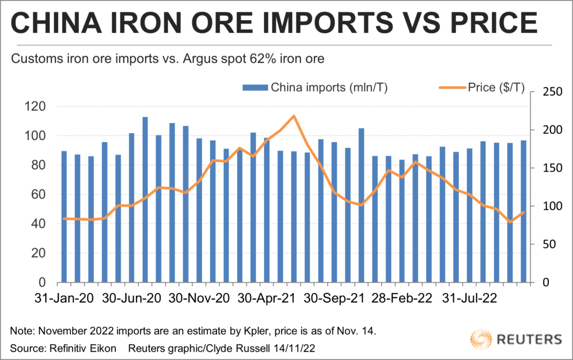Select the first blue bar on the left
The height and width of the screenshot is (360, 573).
click(64, 216)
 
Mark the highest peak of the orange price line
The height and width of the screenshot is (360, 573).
click(294, 116)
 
